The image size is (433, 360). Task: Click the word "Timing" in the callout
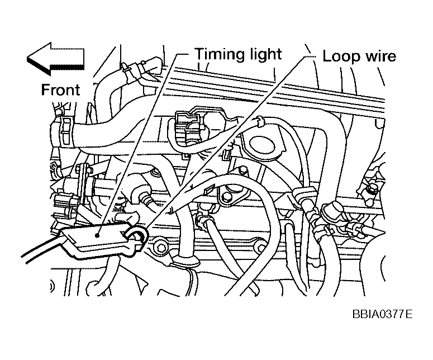[x=216, y=54]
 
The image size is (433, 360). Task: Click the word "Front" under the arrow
[x=60, y=89]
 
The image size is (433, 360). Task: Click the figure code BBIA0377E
[x=382, y=314]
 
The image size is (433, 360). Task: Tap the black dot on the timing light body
[x=98, y=235]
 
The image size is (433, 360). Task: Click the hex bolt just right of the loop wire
[x=162, y=245]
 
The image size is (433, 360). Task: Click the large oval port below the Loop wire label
[x=261, y=140]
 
